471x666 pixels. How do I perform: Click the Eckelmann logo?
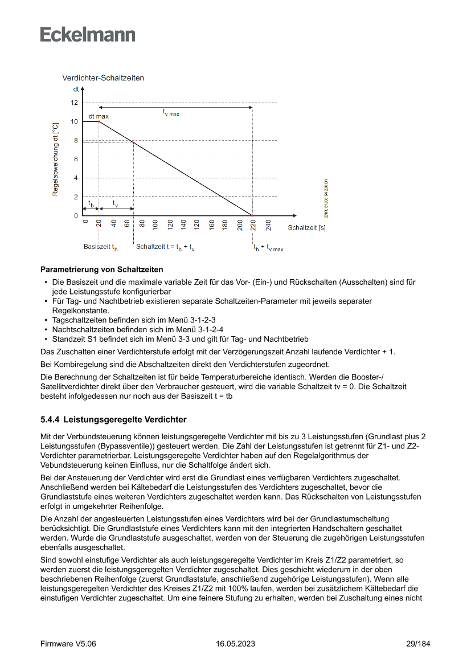click(88, 34)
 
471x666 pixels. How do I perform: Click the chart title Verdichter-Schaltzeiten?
click(103, 78)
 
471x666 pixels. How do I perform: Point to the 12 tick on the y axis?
click(74, 103)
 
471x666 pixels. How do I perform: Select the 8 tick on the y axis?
click(76, 140)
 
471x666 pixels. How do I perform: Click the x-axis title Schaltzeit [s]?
click(306, 228)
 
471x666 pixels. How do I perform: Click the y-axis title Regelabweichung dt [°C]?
click(55, 159)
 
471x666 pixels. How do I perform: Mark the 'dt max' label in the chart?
click(98, 116)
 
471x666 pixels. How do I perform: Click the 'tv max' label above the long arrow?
click(171, 113)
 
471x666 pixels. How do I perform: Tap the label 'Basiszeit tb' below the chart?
click(101, 247)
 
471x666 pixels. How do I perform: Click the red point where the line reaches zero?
click(253, 215)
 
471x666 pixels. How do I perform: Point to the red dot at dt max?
click(99, 121)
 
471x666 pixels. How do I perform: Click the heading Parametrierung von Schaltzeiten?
click(102, 269)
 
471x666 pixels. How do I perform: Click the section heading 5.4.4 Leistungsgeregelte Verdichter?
click(113, 420)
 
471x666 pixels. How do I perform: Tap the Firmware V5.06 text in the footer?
click(68, 644)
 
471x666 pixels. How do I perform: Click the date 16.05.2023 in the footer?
click(235, 644)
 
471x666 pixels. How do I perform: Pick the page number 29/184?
click(418, 644)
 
